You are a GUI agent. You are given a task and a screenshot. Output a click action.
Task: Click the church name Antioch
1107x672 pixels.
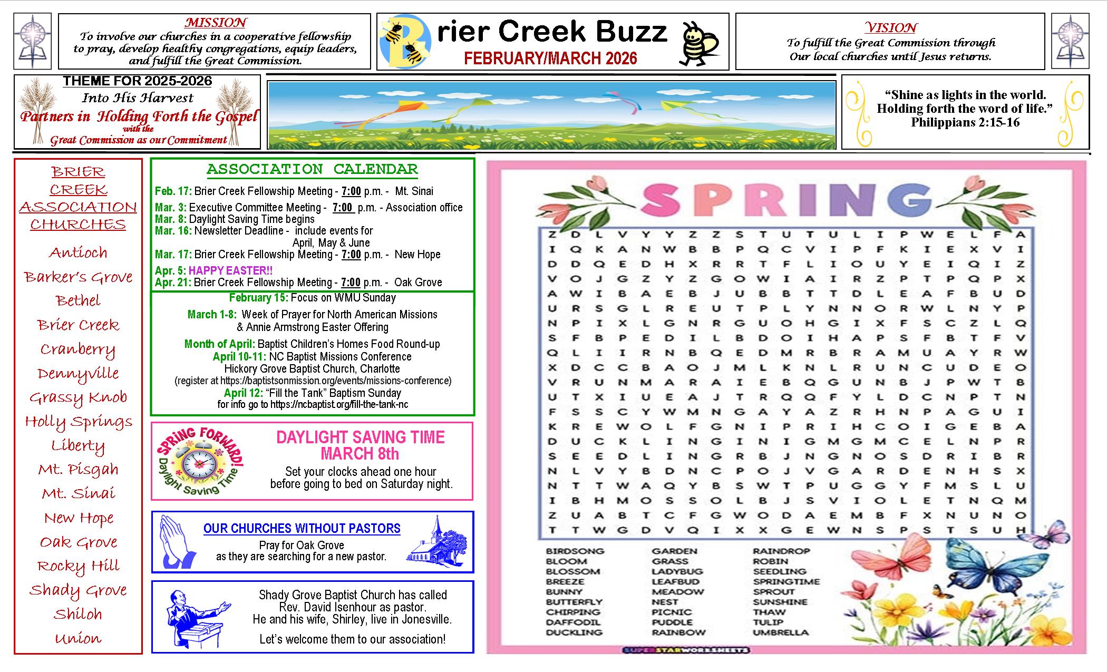78,252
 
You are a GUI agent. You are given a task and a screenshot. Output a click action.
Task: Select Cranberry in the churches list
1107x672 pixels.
78,349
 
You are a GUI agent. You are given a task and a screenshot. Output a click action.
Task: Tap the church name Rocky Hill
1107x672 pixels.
78,566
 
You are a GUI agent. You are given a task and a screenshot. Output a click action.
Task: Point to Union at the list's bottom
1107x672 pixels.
78,638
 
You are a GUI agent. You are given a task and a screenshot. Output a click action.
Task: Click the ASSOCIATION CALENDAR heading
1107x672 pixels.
312,169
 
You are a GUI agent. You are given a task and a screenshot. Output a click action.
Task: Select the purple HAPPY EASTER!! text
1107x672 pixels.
230,270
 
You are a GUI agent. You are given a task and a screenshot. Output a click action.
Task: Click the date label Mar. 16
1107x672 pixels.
173,230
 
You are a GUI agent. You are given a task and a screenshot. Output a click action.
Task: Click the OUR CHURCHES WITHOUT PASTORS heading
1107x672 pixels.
302,528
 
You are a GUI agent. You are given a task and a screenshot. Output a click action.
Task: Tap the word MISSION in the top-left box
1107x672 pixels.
215,23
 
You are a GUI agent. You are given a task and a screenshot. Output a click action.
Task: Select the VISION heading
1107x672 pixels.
891,27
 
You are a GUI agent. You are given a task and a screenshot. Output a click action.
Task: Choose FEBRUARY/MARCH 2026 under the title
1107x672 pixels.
550,58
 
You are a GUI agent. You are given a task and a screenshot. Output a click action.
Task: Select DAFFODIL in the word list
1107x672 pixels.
573,622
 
